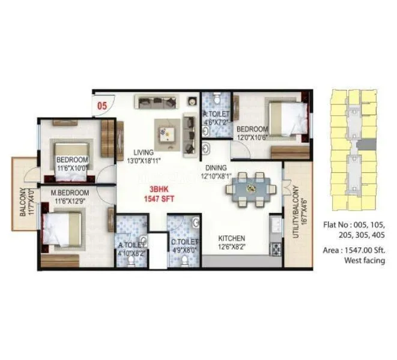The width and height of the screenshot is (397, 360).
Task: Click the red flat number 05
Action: click(x=102, y=106)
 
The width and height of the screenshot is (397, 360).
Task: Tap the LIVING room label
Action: click(x=144, y=152)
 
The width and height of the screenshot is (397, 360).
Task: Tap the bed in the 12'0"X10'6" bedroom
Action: click(x=287, y=119)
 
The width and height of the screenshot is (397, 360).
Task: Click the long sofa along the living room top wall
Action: click(x=155, y=102)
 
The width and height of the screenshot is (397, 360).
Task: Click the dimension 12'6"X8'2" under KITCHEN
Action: click(x=232, y=246)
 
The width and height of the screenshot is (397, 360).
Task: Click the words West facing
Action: click(x=364, y=260)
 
